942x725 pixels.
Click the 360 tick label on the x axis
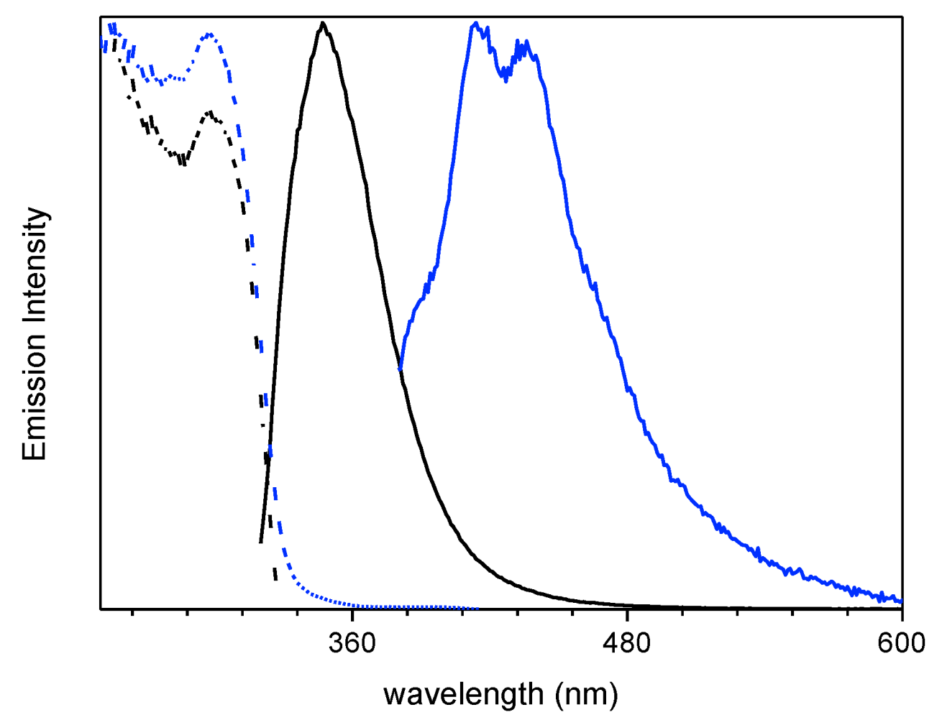click(x=352, y=642)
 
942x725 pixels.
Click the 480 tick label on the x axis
click(x=627, y=642)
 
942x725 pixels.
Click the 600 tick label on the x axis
click(x=900, y=642)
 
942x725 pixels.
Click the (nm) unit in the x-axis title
click(x=586, y=695)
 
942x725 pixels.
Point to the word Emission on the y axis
click(x=35, y=406)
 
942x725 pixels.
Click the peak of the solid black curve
click(x=323, y=23)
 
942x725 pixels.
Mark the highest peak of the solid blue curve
click(x=475, y=23)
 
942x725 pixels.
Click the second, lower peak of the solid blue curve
click(x=526, y=43)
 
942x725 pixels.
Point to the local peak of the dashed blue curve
click(x=209, y=34)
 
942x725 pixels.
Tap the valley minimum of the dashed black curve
click(x=183, y=162)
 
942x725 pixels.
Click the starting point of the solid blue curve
click(x=400, y=369)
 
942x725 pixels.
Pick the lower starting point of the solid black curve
click(x=260, y=542)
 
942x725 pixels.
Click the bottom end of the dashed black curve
click(x=275, y=579)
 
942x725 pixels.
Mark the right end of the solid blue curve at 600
click(x=901, y=601)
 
